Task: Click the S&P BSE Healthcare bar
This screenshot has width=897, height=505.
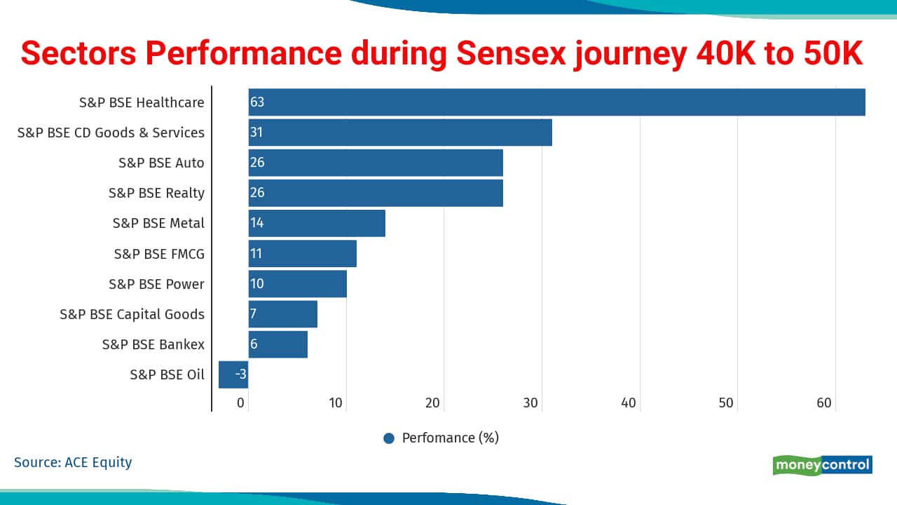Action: click(x=556, y=102)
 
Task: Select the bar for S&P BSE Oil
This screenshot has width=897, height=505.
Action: click(x=233, y=375)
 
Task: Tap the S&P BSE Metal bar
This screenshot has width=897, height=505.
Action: click(x=317, y=223)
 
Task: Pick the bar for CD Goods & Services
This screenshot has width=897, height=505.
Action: click(x=400, y=133)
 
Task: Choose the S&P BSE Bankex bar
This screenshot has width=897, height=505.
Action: click(x=278, y=344)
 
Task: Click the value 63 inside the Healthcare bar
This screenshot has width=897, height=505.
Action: click(x=257, y=102)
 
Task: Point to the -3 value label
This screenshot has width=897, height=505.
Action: click(x=240, y=375)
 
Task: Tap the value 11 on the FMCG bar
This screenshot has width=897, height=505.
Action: click(x=256, y=253)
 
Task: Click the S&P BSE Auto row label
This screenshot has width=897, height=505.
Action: click(x=161, y=163)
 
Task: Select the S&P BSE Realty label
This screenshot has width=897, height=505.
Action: click(x=156, y=193)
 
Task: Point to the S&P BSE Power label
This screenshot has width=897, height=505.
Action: click(x=156, y=284)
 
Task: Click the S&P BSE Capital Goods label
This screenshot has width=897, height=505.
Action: click(x=132, y=314)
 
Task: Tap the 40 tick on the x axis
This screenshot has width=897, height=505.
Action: click(x=629, y=403)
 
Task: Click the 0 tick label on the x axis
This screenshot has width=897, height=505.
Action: click(x=240, y=403)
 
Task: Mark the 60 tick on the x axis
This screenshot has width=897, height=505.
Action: click(x=823, y=403)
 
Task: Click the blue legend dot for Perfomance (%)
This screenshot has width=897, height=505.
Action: click(x=389, y=438)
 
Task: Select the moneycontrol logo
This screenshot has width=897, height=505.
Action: click(x=823, y=465)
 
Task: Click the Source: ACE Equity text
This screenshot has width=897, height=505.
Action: click(x=73, y=462)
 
